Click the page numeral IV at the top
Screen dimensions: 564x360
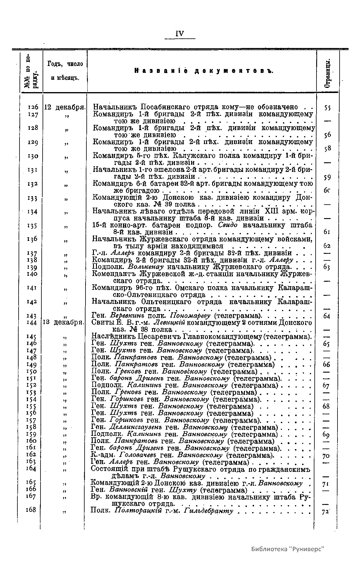[180, 33]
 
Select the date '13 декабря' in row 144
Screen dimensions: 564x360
[64, 322]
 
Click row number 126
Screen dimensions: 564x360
[33, 107]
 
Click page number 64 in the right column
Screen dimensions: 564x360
[327, 316]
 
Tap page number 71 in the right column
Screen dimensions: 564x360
[326, 484]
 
